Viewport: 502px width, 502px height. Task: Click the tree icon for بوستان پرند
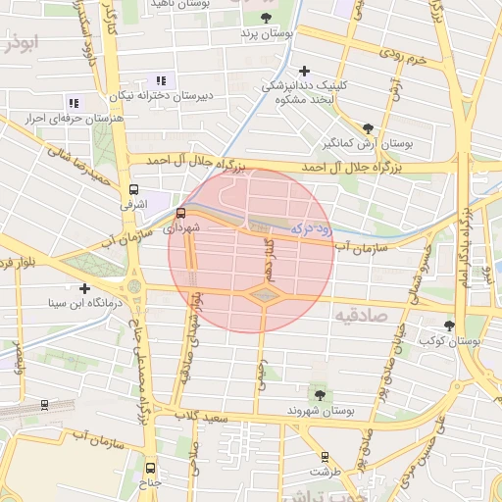point(266,17)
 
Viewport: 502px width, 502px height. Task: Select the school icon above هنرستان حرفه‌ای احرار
point(73,102)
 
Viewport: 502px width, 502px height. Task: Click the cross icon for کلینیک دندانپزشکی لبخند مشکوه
point(305,70)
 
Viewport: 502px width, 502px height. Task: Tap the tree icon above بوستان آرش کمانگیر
point(368,126)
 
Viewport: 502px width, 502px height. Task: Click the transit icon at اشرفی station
point(133,189)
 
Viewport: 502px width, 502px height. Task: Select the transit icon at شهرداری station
point(180,213)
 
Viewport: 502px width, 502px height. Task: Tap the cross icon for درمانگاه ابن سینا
point(85,288)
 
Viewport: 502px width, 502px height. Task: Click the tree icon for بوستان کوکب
point(449,325)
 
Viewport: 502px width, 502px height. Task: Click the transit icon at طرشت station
point(326,456)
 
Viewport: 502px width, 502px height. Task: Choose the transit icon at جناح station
point(150,468)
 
